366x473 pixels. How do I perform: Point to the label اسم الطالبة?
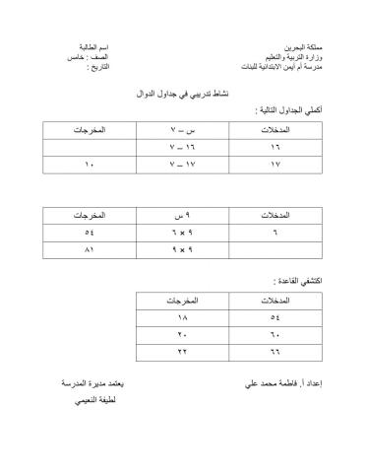click(x=94, y=46)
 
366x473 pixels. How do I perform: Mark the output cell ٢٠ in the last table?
click(x=182, y=335)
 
